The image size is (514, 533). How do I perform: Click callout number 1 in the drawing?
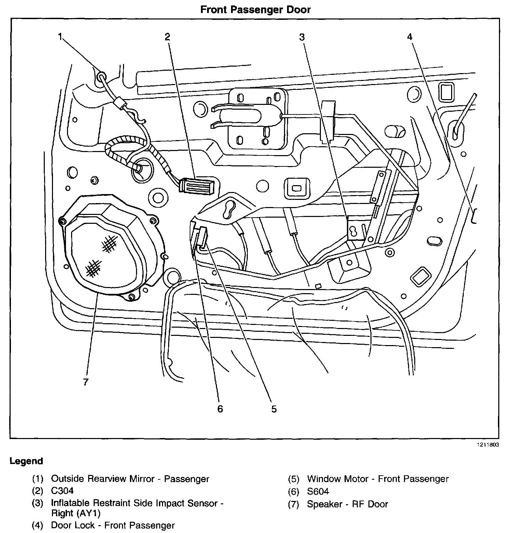pyautogui.click(x=60, y=37)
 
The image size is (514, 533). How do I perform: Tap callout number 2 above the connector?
pyautogui.click(x=167, y=37)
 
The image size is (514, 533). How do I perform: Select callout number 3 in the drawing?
pyautogui.click(x=301, y=37)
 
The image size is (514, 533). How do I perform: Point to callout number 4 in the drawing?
pyautogui.click(x=410, y=37)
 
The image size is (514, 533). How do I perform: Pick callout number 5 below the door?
pyautogui.click(x=274, y=409)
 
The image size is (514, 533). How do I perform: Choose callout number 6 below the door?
pyautogui.click(x=220, y=409)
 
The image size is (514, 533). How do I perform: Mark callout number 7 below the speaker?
pyautogui.click(x=85, y=382)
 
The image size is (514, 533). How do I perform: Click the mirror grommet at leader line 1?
pyautogui.click(x=101, y=77)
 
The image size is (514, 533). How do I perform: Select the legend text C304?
pyautogui.click(x=62, y=491)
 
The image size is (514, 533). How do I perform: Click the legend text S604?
pyautogui.click(x=318, y=491)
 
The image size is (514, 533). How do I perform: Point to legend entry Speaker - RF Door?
pyautogui.click(x=347, y=504)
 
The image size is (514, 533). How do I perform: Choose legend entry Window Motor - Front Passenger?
pyautogui.click(x=378, y=479)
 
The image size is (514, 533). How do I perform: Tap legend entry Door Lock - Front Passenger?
pyautogui.click(x=113, y=525)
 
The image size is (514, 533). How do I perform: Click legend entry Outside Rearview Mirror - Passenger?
pyautogui.click(x=130, y=479)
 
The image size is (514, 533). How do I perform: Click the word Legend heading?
pyautogui.click(x=26, y=461)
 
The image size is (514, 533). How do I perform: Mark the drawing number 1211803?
pyautogui.click(x=488, y=445)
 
